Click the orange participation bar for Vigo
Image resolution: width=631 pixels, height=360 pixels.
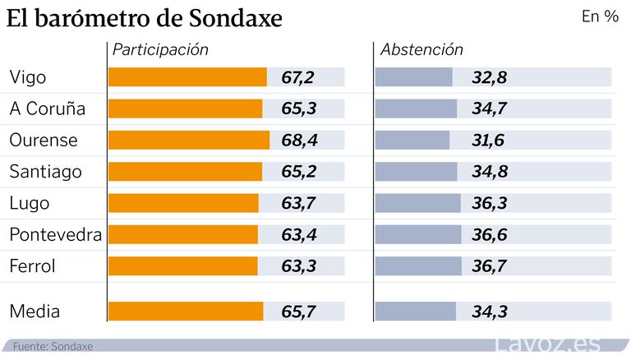pyautogui.click(x=187, y=77)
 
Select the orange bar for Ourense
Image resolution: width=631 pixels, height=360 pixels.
pyautogui.click(x=189, y=140)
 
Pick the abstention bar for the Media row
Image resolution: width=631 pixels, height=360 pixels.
pyautogui.click(x=415, y=312)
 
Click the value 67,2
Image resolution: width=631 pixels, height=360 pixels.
pyautogui.click(x=298, y=77)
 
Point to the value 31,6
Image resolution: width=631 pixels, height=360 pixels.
pyautogui.click(x=489, y=140)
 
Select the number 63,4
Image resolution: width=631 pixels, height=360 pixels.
pyautogui.click(x=298, y=234)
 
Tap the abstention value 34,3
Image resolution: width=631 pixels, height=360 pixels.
pyautogui.click(x=489, y=312)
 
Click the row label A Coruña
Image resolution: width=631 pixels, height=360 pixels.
pyautogui.click(x=47, y=108)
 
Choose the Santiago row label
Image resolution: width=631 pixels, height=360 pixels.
pyautogui.click(x=45, y=171)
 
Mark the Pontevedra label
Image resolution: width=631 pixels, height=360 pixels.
pyautogui.click(x=55, y=234)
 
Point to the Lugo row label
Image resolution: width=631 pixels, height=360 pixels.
pyautogui.click(x=29, y=202)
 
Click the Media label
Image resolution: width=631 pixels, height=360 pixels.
pyautogui.click(x=35, y=312)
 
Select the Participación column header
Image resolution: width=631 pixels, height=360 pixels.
pyautogui.click(x=160, y=49)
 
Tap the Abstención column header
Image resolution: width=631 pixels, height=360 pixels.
pyautogui.click(x=421, y=49)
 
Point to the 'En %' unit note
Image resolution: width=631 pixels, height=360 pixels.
pyautogui.click(x=600, y=16)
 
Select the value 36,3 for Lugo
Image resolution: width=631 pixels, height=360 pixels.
pyautogui.click(x=489, y=202)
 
